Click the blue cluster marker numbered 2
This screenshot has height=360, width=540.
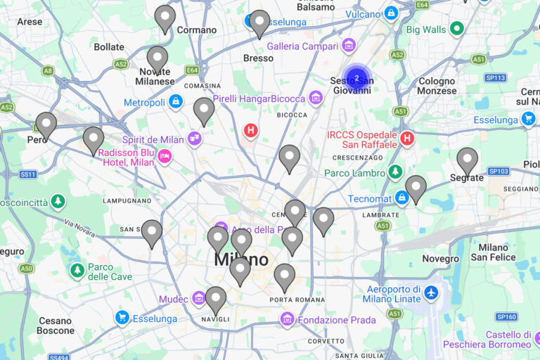click(x=356, y=78)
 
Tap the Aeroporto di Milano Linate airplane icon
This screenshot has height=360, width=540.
click(x=431, y=292)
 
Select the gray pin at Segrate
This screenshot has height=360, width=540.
click(x=467, y=160)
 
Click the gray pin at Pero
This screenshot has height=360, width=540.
click(x=46, y=124)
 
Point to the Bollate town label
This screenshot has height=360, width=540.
click(x=109, y=47)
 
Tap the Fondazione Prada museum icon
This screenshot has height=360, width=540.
click(x=286, y=320)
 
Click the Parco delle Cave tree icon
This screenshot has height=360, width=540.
click(x=77, y=270)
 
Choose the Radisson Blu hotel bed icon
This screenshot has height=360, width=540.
click(x=165, y=156)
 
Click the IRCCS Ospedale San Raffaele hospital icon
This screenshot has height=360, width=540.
click(x=406, y=139)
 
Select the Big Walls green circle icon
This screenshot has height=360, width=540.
click(x=457, y=29)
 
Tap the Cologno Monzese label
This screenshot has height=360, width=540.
click(x=437, y=86)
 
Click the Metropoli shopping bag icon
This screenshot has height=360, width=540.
click(x=176, y=102)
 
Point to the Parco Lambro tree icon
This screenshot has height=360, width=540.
click(x=395, y=172)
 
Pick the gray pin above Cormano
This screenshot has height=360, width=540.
click(x=165, y=18)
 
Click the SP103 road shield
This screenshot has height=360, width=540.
click(x=498, y=171)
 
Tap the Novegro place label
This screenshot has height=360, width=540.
click(x=441, y=259)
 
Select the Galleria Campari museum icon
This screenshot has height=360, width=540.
click(x=348, y=46)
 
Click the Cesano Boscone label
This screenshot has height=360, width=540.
click(x=56, y=326)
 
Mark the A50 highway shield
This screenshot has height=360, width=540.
click(x=26, y=268)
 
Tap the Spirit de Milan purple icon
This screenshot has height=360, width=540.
click(x=195, y=139)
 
